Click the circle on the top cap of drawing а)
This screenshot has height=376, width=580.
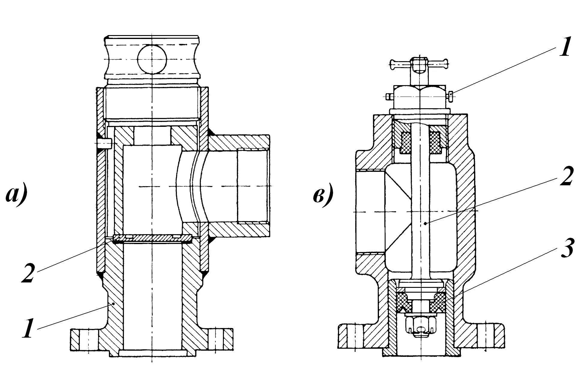(x=152, y=59)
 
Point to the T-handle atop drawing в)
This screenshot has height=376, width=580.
(x=419, y=63)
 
